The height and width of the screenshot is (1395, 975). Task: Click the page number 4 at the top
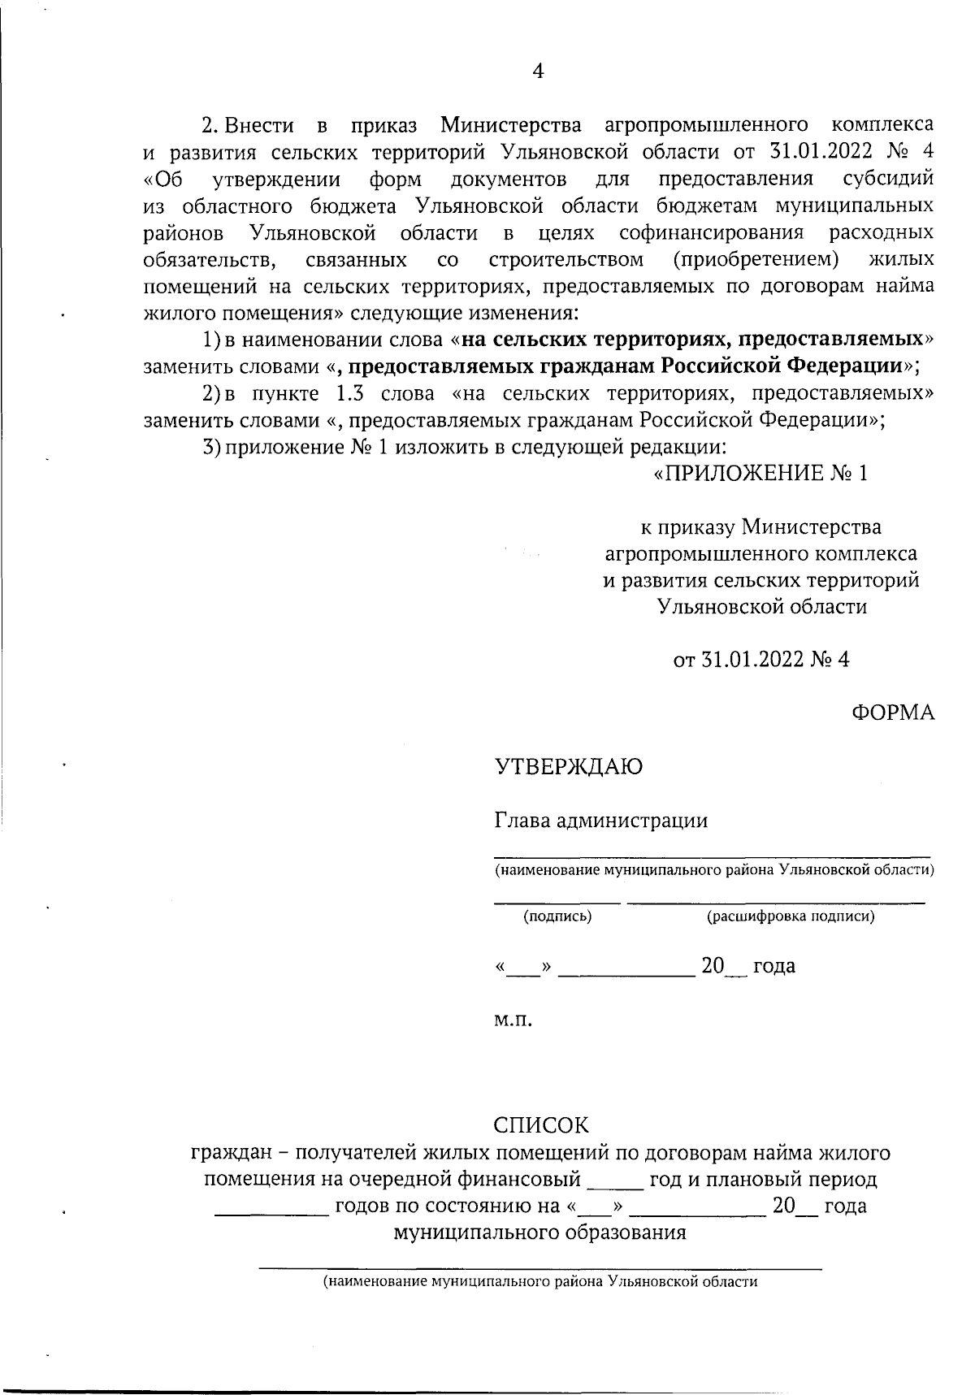click(537, 71)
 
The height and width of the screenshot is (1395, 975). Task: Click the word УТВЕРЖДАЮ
click(569, 766)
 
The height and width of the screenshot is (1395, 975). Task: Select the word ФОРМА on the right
click(893, 713)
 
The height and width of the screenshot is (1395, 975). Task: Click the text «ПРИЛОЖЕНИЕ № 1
click(761, 474)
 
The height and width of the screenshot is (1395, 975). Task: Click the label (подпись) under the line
click(557, 916)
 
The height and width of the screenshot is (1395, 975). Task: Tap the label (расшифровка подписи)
click(790, 916)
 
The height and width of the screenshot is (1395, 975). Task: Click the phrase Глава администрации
click(601, 821)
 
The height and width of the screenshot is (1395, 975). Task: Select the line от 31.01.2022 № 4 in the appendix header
click(761, 660)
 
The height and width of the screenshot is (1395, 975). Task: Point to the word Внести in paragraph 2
click(258, 125)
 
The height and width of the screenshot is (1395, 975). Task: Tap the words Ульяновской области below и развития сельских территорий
click(761, 606)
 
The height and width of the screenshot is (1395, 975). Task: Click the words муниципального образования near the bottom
click(539, 1233)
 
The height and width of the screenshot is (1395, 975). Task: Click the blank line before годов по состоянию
click(271, 1214)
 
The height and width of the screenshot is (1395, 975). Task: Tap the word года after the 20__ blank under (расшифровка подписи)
click(774, 966)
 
